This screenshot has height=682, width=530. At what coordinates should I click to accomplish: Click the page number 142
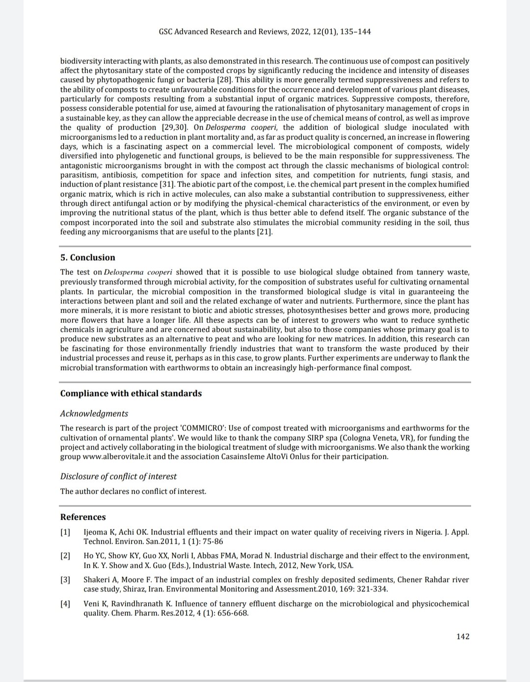click(462, 636)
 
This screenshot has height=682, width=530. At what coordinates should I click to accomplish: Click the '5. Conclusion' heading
click(87, 258)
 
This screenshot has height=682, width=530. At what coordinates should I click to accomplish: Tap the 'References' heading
click(83, 517)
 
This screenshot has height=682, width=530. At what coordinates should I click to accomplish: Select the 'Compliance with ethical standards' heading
click(131, 393)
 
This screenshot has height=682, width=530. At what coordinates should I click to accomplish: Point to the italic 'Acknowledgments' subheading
click(94, 414)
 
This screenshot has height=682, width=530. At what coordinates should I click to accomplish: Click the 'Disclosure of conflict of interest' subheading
click(118, 476)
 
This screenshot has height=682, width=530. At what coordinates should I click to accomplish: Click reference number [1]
click(65, 532)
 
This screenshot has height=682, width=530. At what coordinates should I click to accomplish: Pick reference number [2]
click(65, 556)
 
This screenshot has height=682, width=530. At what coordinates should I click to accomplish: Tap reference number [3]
click(65, 580)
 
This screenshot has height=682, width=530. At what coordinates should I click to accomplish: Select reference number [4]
click(65, 604)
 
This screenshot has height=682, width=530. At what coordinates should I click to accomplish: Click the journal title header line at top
click(265, 32)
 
